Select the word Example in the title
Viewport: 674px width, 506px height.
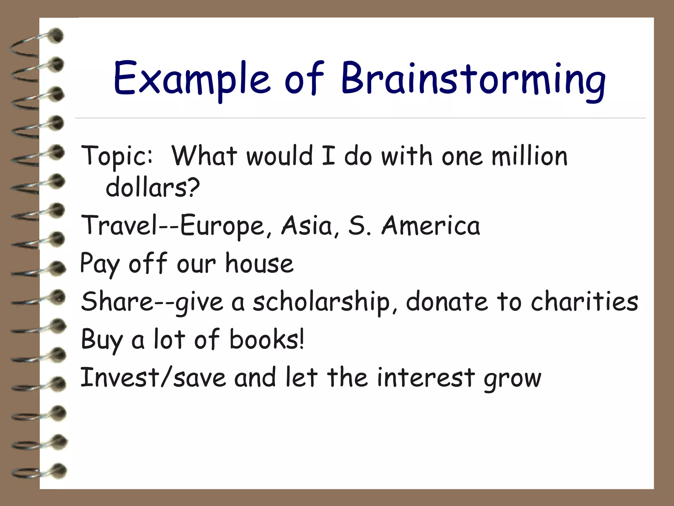tap(192, 79)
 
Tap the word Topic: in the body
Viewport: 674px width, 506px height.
tap(117, 156)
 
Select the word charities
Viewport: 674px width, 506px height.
tap(584, 301)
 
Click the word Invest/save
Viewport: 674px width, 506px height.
tap(153, 378)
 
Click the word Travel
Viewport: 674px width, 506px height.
tap(120, 226)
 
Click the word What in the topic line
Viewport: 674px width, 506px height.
tap(204, 156)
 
